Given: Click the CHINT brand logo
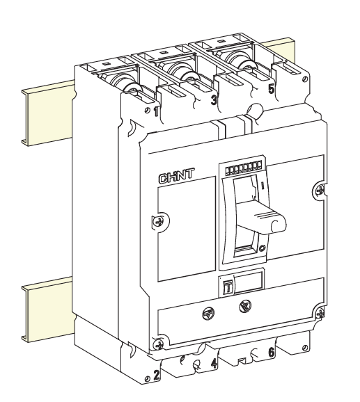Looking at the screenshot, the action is pyautogui.click(x=177, y=177).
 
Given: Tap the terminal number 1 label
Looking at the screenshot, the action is pyautogui.click(x=155, y=112).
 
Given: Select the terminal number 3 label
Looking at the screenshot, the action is pyautogui.click(x=214, y=100).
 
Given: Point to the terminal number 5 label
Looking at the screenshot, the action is pyautogui.click(x=272, y=89).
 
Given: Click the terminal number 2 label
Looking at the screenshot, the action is pyautogui.click(x=156, y=375).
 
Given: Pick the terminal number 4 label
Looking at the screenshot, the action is pyautogui.click(x=214, y=364).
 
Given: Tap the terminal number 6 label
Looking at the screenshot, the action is pyautogui.click(x=272, y=352).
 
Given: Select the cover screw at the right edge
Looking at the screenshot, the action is pyautogui.click(x=320, y=190).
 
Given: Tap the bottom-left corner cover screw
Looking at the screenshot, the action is pyautogui.click(x=159, y=344).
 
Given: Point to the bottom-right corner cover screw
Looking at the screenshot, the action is pyautogui.click(x=320, y=313).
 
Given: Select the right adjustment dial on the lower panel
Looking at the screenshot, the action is pyautogui.click(x=245, y=306).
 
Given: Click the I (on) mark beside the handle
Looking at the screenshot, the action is pyautogui.click(x=262, y=186).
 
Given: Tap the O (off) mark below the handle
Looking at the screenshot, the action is pyautogui.click(x=261, y=248).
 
